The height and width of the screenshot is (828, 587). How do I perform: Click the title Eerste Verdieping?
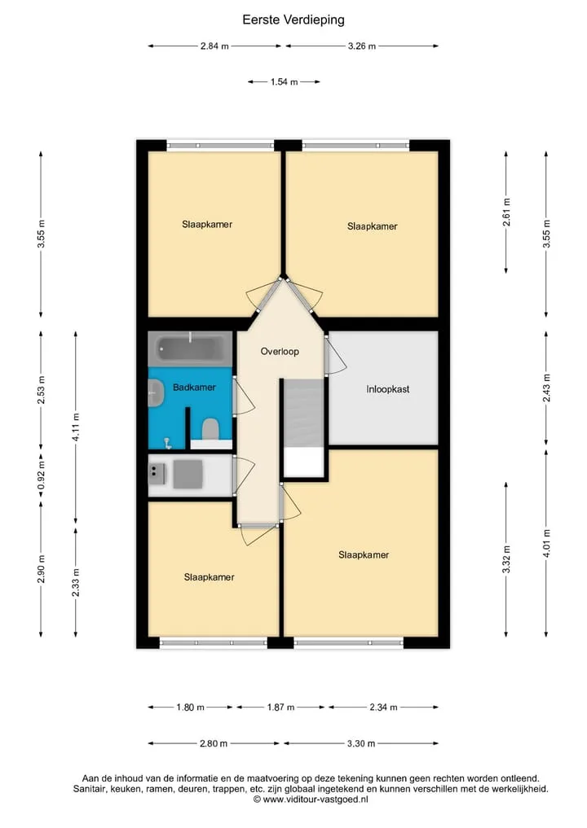(293, 20)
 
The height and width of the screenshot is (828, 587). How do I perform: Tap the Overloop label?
(280, 351)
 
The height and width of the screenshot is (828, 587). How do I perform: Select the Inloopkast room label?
(387, 389)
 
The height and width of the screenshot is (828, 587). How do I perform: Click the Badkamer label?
(194, 387)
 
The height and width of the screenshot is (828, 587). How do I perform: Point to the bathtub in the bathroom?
(190, 348)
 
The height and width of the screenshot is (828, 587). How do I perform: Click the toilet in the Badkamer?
(210, 429)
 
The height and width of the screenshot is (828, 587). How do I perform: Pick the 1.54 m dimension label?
(284, 82)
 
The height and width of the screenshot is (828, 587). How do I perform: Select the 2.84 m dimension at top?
(214, 46)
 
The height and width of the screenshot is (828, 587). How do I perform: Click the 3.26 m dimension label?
(362, 46)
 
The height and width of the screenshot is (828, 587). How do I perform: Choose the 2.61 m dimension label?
(506, 212)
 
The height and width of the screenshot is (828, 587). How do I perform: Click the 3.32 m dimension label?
(506, 559)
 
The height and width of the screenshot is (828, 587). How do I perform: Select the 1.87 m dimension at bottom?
(280, 707)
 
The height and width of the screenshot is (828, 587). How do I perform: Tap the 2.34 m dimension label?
(383, 707)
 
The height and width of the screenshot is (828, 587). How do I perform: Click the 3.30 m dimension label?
(361, 743)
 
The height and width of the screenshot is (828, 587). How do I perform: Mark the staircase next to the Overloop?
(303, 427)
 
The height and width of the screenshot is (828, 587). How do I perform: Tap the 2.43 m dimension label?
(546, 388)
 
